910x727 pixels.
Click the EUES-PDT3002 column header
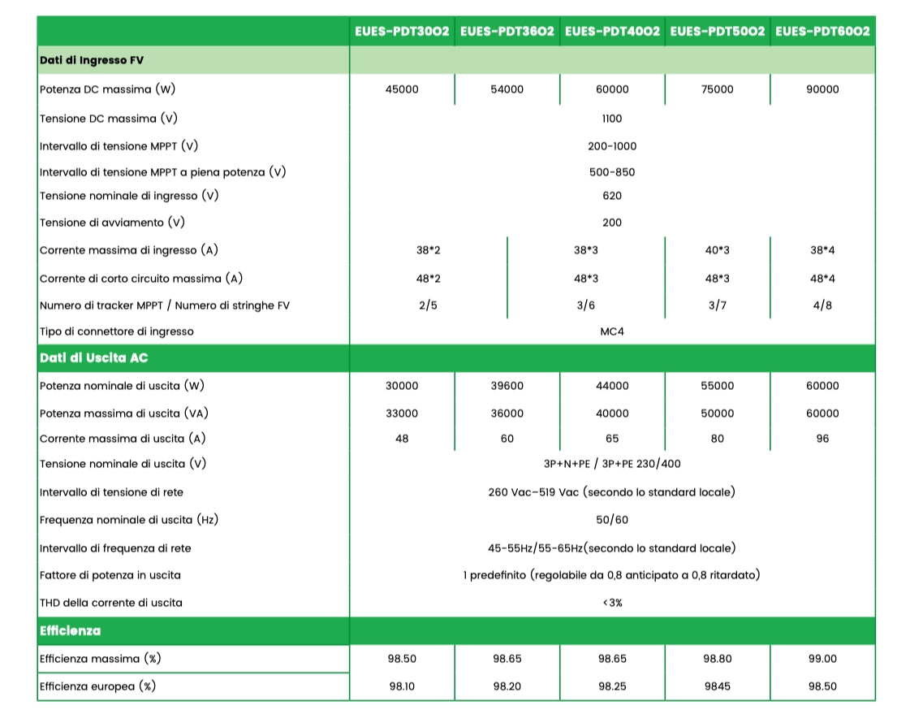pyautogui.click(x=402, y=31)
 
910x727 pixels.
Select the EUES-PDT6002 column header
pyautogui.click(x=822, y=31)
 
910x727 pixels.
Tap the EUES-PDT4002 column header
pyautogui.click(x=612, y=31)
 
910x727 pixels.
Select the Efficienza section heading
pyautogui.click(x=71, y=630)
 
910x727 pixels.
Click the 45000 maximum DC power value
pyautogui.click(x=402, y=89)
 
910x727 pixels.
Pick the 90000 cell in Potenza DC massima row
pyautogui.click(x=822, y=89)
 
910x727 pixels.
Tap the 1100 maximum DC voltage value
pyautogui.click(x=612, y=119)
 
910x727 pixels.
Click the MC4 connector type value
pyautogui.click(x=612, y=331)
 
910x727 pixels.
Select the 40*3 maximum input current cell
pyautogui.click(x=717, y=250)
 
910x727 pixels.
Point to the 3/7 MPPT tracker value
pyautogui.click(x=717, y=305)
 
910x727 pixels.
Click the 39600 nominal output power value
pyautogui.click(x=507, y=386)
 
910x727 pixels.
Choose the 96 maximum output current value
pyautogui.click(x=822, y=439)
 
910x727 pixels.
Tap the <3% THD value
pyautogui.click(x=612, y=603)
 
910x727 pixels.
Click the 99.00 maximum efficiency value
pyautogui.click(x=822, y=659)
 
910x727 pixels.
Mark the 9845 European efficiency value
pyautogui.click(x=717, y=686)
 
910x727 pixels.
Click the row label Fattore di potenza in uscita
pyautogui.click(x=110, y=575)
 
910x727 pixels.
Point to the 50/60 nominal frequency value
pyautogui.click(x=612, y=520)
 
